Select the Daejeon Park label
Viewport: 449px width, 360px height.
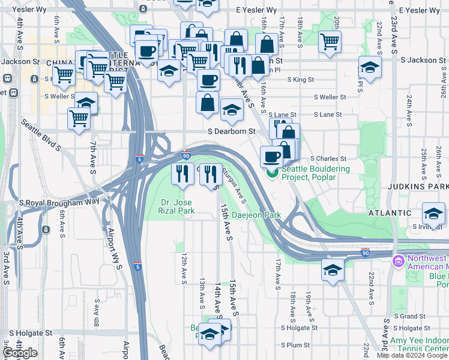pos(256,214)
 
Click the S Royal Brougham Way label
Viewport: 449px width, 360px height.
pos(59,203)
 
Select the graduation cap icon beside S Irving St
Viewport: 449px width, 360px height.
pos(433,213)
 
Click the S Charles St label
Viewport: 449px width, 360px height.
pos(328,158)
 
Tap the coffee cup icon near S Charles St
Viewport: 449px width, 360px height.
pos(271,157)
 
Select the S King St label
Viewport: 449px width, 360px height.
pos(301,79)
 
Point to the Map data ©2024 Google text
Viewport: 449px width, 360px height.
pos(411,355)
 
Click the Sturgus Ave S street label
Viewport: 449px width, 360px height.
pos(234,185)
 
